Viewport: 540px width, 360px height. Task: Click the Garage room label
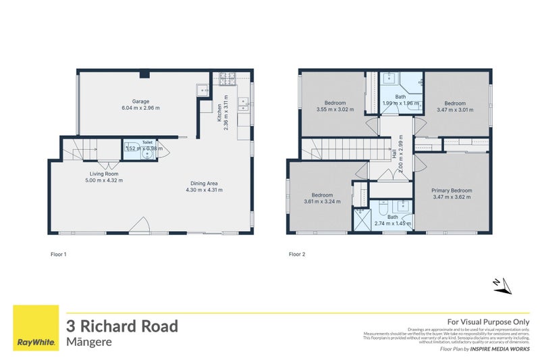pyautogui.click(x=140, y=101)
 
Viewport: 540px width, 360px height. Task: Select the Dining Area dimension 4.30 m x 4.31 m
pyautogui.click(x=204, y=190)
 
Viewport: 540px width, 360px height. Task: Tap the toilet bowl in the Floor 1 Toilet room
pyautogui.click(x=147, y=154)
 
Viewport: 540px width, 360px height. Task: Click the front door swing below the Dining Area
pyautogui.click(x=140, y=226)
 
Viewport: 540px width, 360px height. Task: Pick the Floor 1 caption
pyautogui.click(x=59, y=255)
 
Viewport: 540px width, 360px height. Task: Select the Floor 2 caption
pyautogui.click(x=297, y=255)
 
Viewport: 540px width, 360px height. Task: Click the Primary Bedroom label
pyautogui.click(x=452, y=190)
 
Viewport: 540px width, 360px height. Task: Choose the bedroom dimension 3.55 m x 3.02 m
pyautogui.click(x=335, y=109)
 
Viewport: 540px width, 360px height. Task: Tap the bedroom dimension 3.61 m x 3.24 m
pyautogui.click(x=322, y=201)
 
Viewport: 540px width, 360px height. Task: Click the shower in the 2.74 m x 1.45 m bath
pyautogui.click(x=360, y=219)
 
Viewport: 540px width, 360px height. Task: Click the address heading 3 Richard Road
pyautogui.click(x=122, y=326)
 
